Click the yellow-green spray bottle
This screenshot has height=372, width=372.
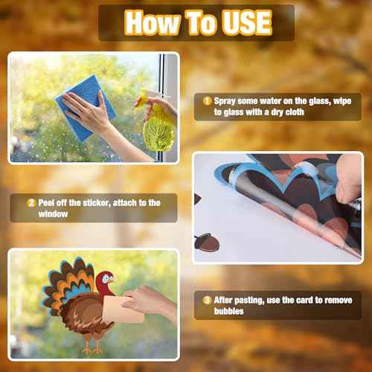[x=158, y=123]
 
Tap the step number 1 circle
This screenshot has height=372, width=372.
[x=208, y=100]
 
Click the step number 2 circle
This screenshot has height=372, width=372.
[x=31, y=202]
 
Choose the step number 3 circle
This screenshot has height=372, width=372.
[x=207, y=300]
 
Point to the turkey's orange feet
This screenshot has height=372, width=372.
[x=92, y=345]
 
